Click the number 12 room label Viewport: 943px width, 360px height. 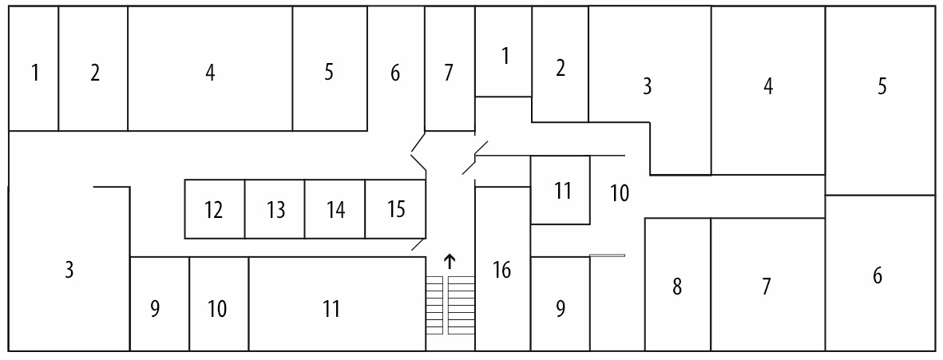point(213,211)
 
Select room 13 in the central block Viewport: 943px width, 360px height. point(275,211)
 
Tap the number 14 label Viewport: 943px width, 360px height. point(335,211)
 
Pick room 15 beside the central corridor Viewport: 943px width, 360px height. point(396,210)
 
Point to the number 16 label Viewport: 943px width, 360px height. point(502,271)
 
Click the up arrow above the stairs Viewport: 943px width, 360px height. point(450,260)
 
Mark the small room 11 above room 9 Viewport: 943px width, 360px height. point(563,192)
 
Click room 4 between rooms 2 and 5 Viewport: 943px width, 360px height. point(210,73)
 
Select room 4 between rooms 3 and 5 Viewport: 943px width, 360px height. point(768,86)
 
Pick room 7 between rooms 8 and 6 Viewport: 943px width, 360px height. point(767,286)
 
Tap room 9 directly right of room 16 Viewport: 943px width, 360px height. point(561,308)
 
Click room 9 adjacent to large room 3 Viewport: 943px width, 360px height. point(156,308)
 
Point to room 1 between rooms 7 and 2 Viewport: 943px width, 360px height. point(505,57)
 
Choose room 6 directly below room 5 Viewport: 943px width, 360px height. point(878,276)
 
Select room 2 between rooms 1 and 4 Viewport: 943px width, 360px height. point(95,73)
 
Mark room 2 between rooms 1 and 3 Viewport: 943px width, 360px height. point(561,68)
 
